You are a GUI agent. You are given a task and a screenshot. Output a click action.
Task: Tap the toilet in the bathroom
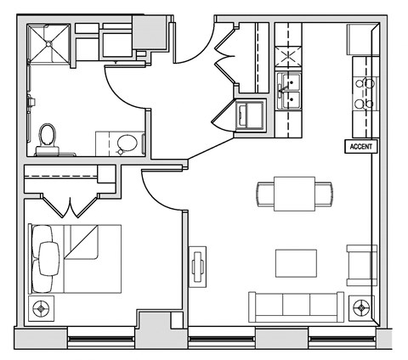coord(47,137)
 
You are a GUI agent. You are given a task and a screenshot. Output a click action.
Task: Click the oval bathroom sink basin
coord(127,143)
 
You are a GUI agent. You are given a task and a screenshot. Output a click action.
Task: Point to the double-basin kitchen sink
coord(290,90)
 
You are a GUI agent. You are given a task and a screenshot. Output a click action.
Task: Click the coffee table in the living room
coord(295,262)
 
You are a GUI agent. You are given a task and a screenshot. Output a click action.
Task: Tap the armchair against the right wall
coord(362,263)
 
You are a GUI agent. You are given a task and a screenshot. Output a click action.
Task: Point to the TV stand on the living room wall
coord(198,267)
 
